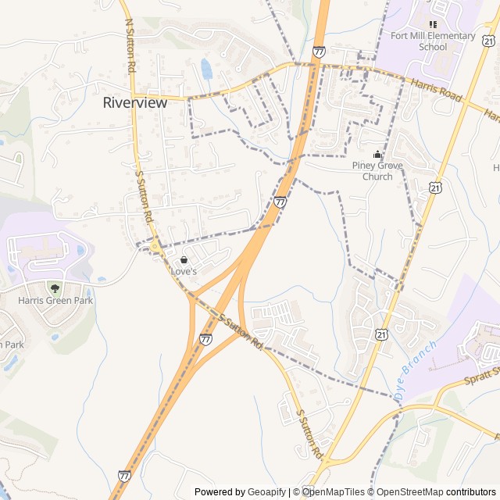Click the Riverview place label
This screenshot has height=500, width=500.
pos(135,102)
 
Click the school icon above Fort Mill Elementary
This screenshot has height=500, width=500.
pos(433,25)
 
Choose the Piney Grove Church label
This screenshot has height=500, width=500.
pos(378,170)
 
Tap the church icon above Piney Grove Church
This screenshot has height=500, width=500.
pos(378,154)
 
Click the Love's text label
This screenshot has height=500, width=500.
pos(184,270)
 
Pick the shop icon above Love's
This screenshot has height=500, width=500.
pos(184,259)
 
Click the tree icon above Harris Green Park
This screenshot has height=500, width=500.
pos(54,288)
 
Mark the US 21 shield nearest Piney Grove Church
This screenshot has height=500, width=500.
pos(435,187)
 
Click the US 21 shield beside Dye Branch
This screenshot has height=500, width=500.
pos(380,334)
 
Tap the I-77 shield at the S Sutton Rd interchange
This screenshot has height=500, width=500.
pos(205,339)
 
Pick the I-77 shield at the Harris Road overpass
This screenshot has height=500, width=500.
pos(319,52)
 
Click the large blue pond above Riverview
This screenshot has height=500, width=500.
pos(206,69)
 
